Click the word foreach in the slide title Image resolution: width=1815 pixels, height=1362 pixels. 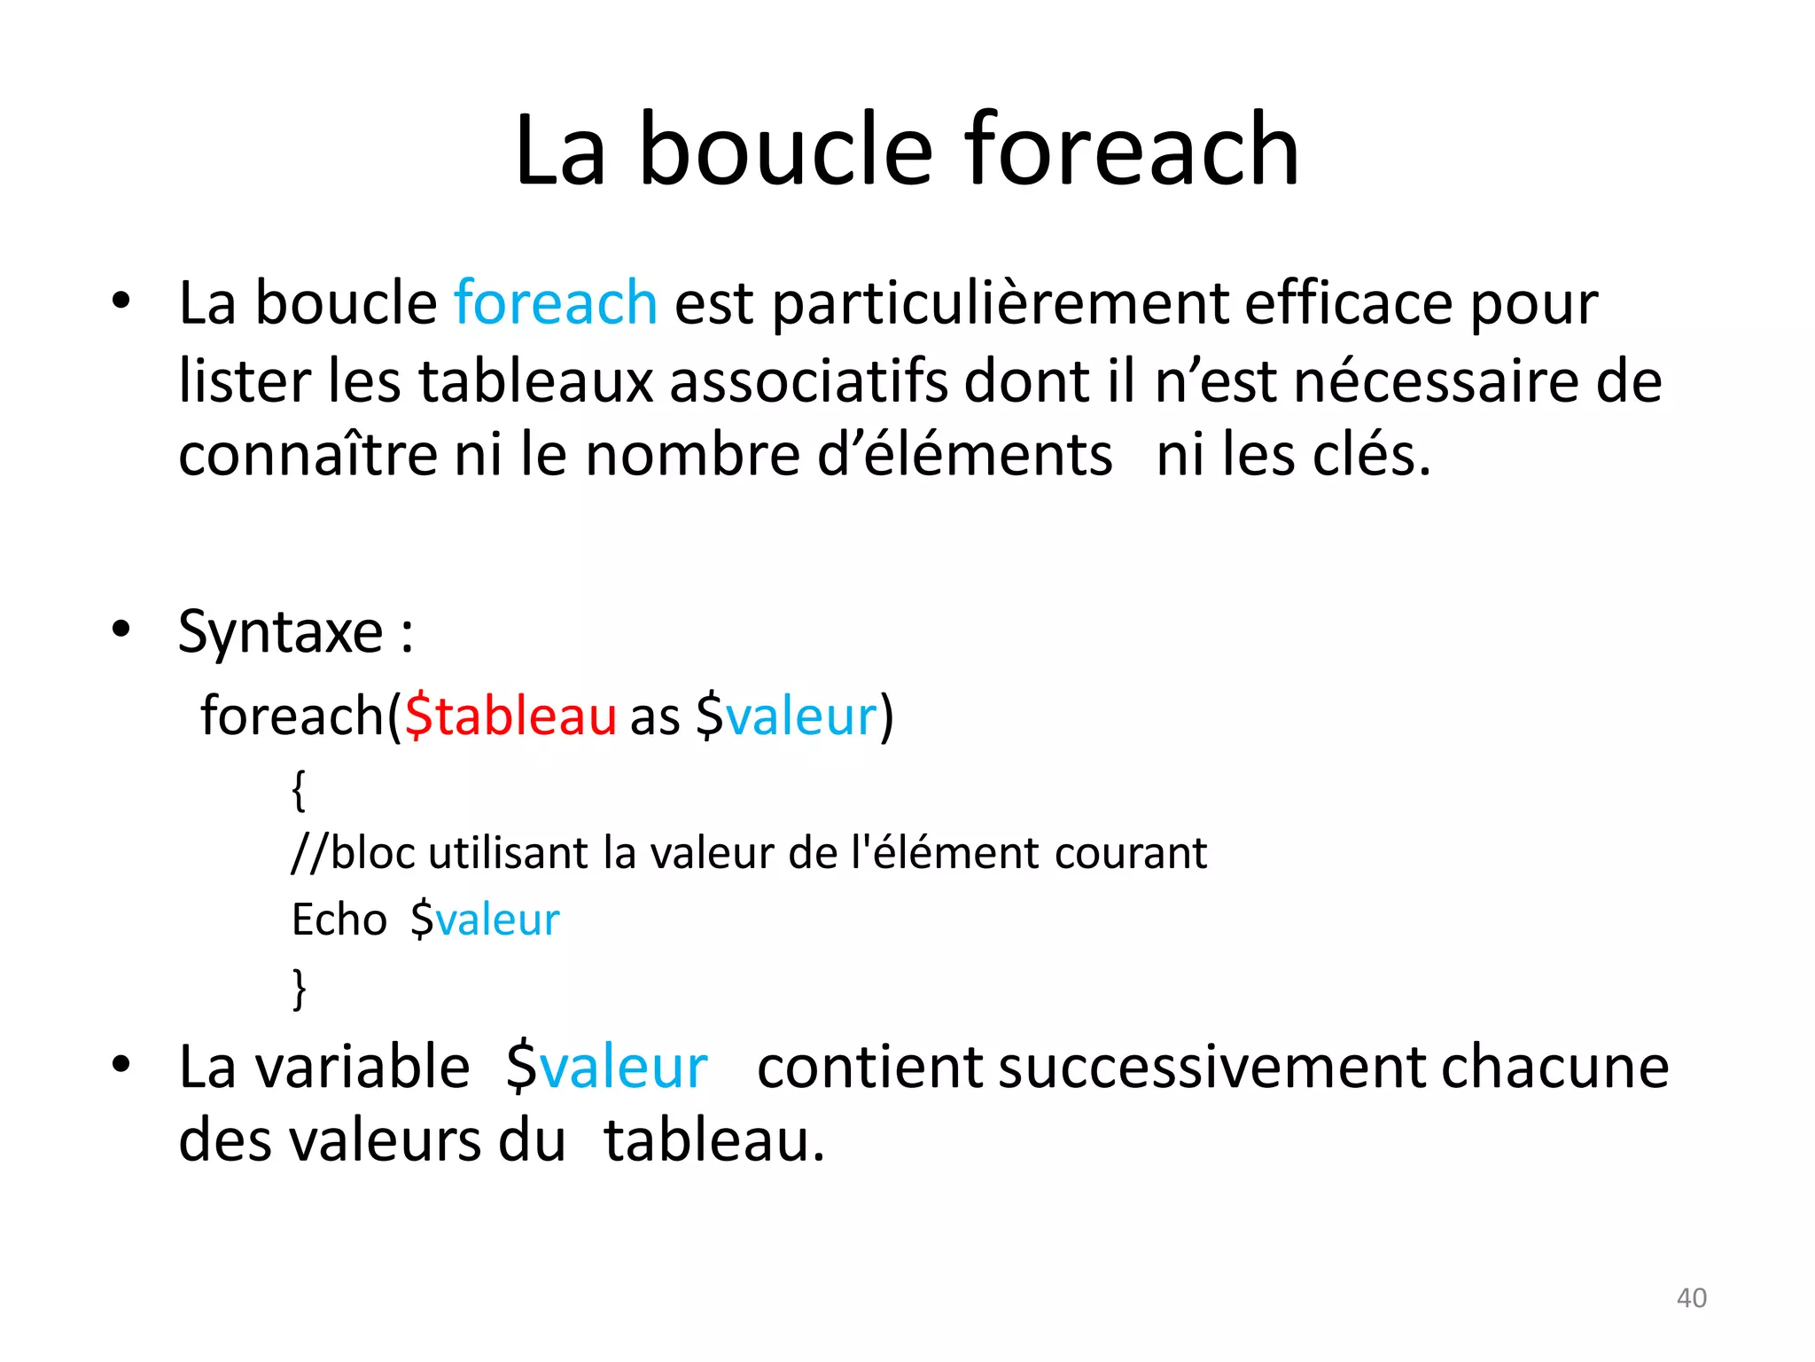click(x=1132, y=151)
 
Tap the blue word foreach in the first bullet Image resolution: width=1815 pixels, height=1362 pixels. click(x=556, y=303)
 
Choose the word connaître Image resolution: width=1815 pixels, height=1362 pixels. click(x=308, y=456)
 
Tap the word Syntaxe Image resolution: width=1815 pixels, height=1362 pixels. click(x=280, y=633)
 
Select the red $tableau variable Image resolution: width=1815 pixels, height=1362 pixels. click(x=510, y=716)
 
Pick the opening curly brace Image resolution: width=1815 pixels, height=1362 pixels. click(x=299, y=789)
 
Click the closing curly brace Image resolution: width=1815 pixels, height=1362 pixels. click(x=299, y=988)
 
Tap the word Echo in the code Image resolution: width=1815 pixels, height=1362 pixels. click(x=339, y=920)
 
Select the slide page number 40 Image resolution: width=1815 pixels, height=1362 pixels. click(x=1691, y=1298)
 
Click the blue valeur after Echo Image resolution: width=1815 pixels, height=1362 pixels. click(x=497, y=920)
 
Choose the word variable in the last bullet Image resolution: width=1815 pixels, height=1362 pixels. click(x=362, y=1067)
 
